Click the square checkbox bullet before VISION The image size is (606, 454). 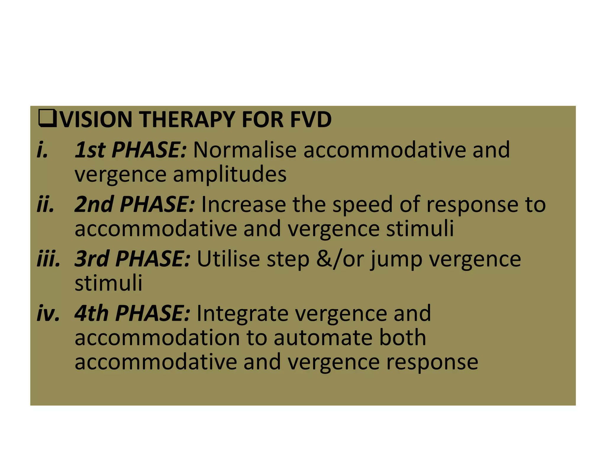click(47, 119)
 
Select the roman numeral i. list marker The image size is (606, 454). click(42, 150)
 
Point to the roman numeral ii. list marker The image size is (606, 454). click(45, 204)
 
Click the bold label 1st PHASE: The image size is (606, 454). click(130, 150)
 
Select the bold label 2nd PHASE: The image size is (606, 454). click(135, 204)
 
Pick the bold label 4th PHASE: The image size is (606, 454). click(132, 313)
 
